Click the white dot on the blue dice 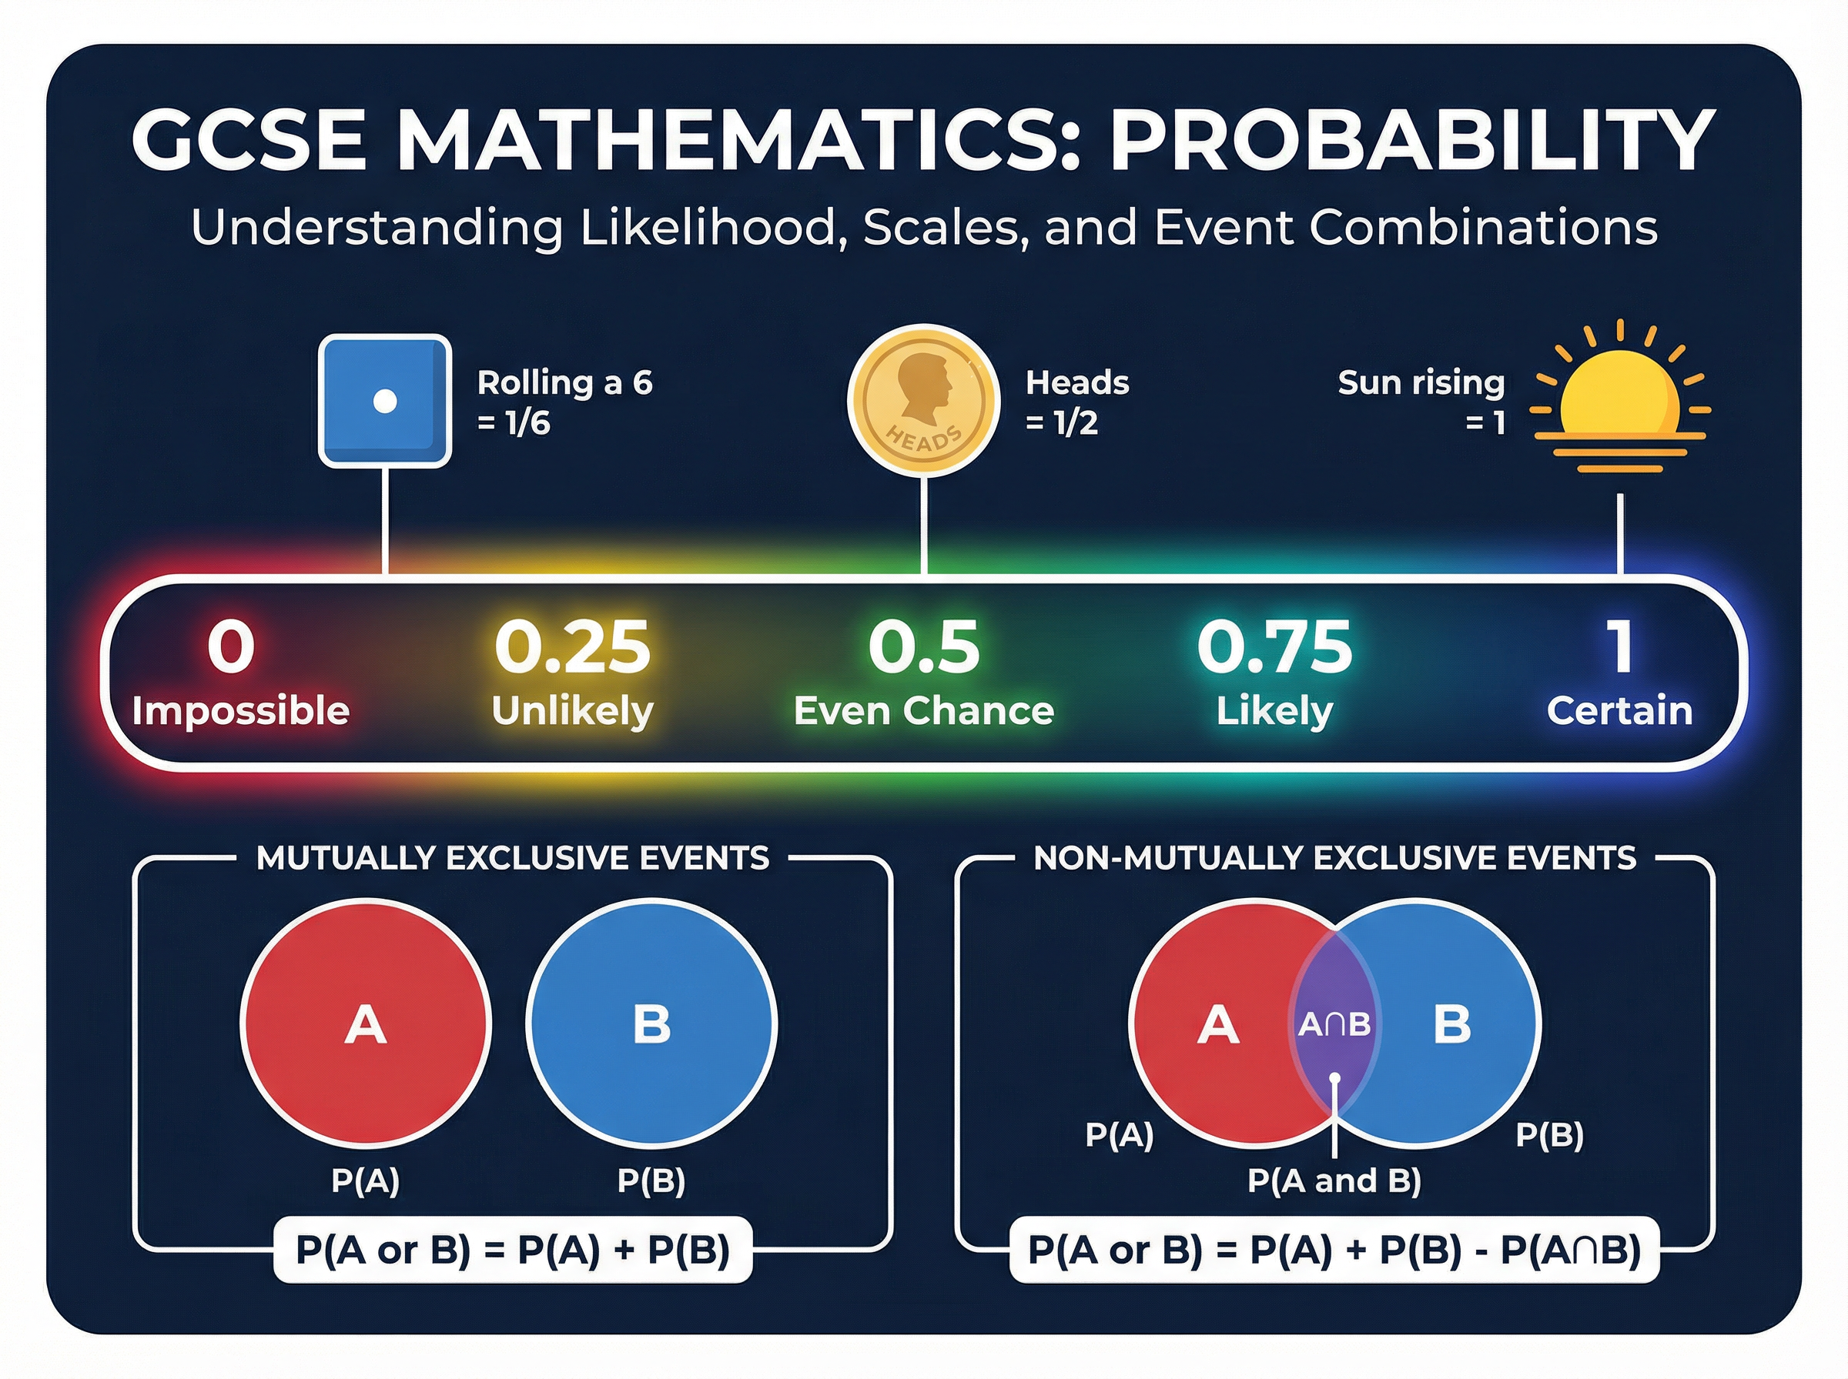pyautogui.click(x=384, y=402)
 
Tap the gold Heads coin pyautogui.click(x=922, y=401)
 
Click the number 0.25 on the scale pyautogui.click(x=572, y=647)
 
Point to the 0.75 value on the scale pyautogui.click(x=1274, y=647)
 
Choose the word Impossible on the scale pyautogui.click(x=240, y=711)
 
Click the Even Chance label pyautogui.click(x=923, y=711)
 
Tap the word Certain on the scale pyautogui.click(x=1619, y=711)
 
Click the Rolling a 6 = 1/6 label pyautogui.click(x=564, y=402)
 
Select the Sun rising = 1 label pyautogui.click(x=1421, y=402)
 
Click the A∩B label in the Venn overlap pyautogui.click(x=1334, y=1024)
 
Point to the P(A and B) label pyautogui.click(x=1334, y=1180)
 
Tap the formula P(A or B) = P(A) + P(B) pyautogui.click(x=513, y=1250)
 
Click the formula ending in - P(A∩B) pyautogui.click(x=1334, y=1250)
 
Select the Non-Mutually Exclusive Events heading pyautogui.click(x=1334, y=858)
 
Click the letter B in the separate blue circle pyautogui.click(x=651, y=1024)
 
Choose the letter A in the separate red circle pyautogui.click(x=366, y=1024)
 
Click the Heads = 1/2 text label pyautogui.click(x=1076, y=402)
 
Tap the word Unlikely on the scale pyautogui.click(x=572, y=711)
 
